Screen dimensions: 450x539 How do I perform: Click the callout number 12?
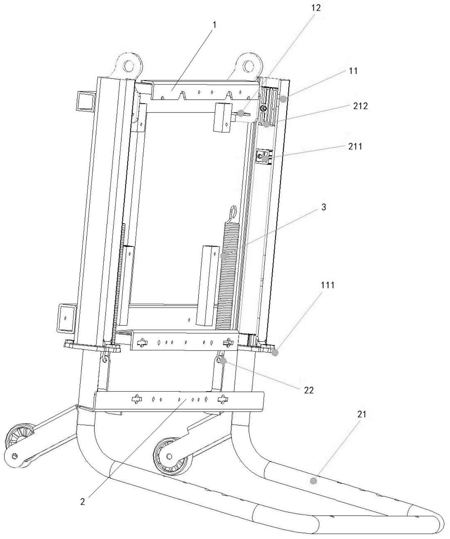[x=316, y=8]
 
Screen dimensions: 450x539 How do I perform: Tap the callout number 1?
[x=214, y=25]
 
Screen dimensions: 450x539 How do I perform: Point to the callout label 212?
[x=360, y=106]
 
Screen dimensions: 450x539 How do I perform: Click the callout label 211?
[x=355, y=146]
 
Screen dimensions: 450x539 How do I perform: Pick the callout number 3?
[x=324, y=207]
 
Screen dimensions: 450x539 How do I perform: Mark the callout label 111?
[x=328, y=285]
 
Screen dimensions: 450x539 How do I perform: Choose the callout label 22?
[x=309, y=390]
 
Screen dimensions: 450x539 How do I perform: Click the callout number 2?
[x=83, y=502]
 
